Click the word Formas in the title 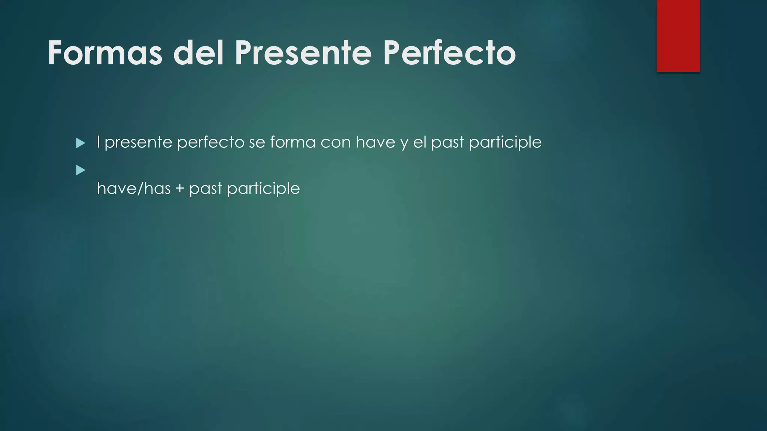pos(105,53)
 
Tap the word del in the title pos(198,53)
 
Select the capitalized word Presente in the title pos(303,53)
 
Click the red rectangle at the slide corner pos(678,36)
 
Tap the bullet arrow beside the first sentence pos(81,143)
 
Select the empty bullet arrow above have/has pos(81,171)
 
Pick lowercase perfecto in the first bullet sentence pos(211,143)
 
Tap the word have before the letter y pos(375,142)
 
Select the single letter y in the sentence pos(404,144)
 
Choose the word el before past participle pos(420,142)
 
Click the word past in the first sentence pos(448,143)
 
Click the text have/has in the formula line pos(134,188)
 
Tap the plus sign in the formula pos(180,189)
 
